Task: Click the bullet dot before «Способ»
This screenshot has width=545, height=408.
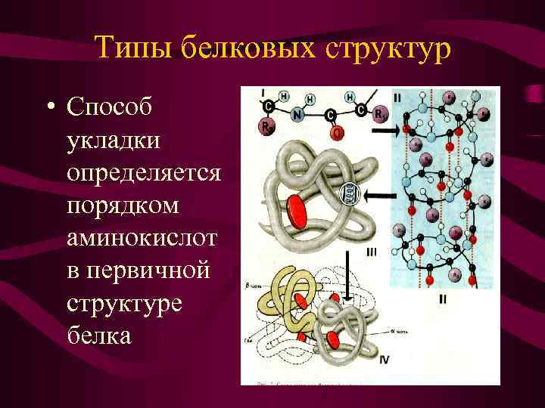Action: (x=49, y=108)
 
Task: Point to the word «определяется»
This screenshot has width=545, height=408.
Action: (x=144, y=173)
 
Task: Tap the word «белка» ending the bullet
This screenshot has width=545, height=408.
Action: (x=98, y=335)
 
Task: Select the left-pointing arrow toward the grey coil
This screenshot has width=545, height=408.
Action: (x=375, y=195)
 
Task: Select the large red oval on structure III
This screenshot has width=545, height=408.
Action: (x=297, y=211)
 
